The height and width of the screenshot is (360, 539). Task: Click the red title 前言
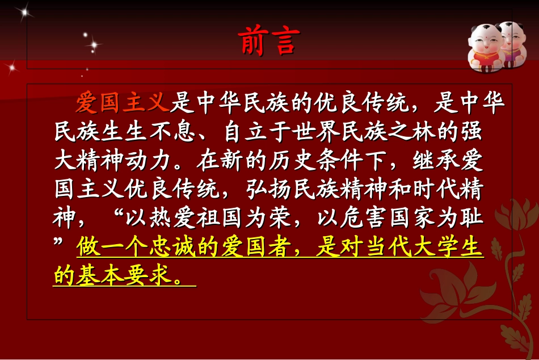(266, 40)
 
